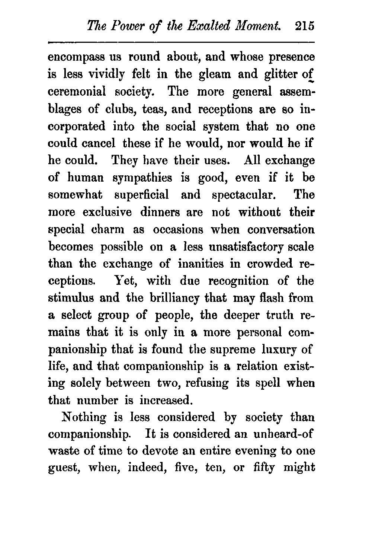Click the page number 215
[x=304, y=27]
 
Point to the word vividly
[x=103, y=74]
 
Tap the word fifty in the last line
[x=264, y=468]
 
